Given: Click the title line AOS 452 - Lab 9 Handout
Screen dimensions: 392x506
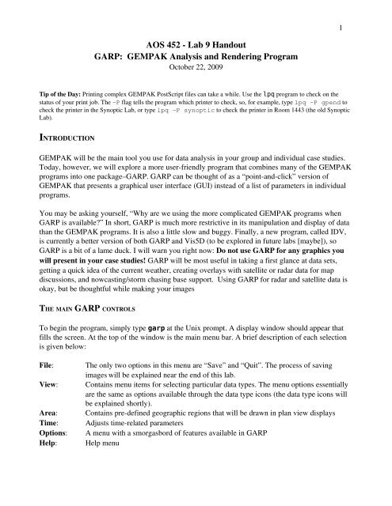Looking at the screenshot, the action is pos(195,44).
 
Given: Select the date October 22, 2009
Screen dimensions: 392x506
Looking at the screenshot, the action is pos(195,72).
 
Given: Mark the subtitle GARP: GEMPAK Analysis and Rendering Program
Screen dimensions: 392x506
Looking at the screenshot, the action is pos(195,59).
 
